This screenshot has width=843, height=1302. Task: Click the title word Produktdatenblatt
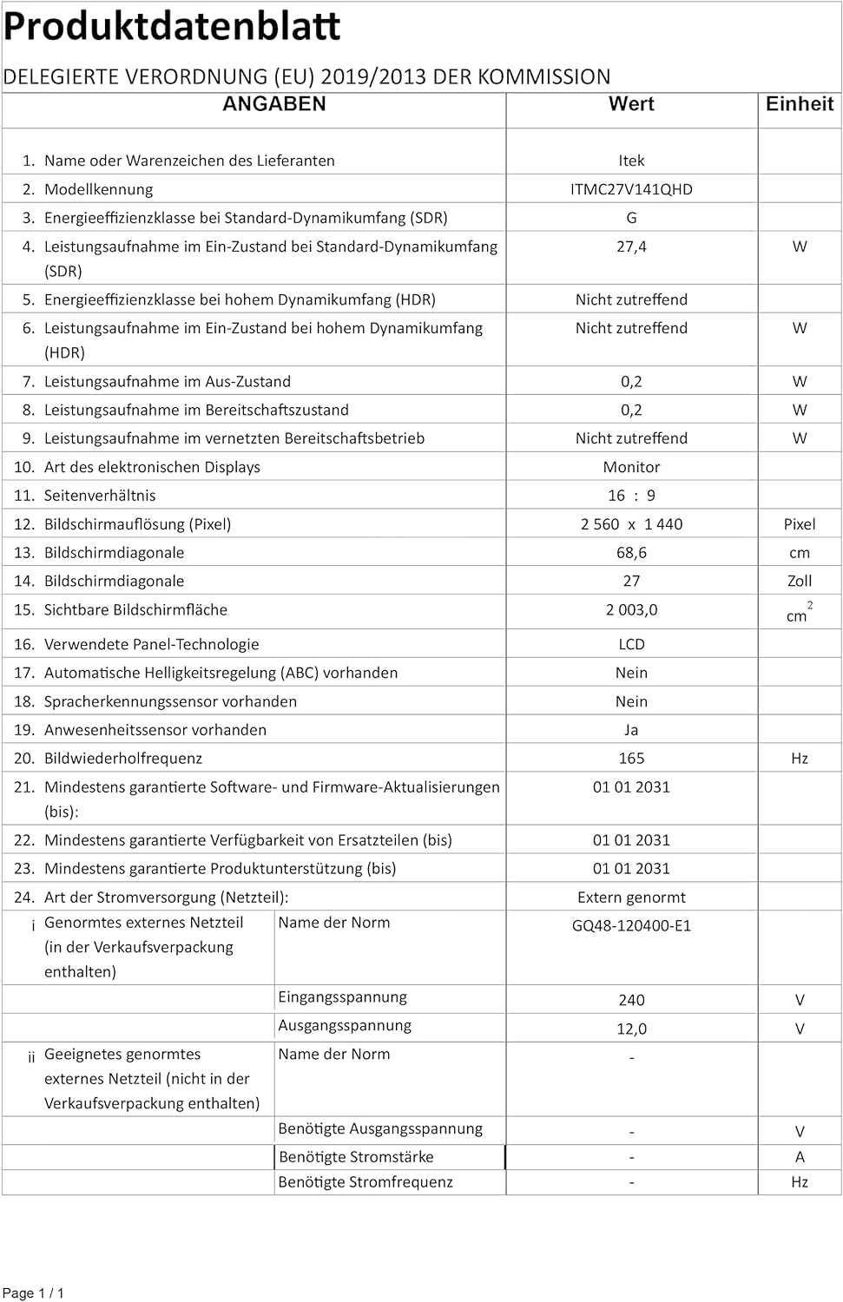pyautogui.click(x=172, y=27)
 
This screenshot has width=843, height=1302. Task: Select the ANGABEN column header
pyautogui.click(x=274, y=104)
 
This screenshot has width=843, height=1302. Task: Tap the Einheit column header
pyautogui.click(x=799, y=104)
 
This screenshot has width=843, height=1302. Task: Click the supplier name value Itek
pyautogui.click(x=631, y=161)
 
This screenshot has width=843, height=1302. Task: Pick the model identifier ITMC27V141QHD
pyautogui.click(x=631, y=189)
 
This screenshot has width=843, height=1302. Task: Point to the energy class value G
pyautogui.click(x=631, y=218)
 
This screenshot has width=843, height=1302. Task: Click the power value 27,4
pyautogui.click(x=631, y=247)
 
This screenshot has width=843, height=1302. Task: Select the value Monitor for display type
pyautogui.click(x=631, y=467)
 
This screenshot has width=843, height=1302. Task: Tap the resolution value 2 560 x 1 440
pyautogui.click(x=631, y=524)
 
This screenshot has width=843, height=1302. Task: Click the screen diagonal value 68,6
pyautogui.click(x=631, y=553)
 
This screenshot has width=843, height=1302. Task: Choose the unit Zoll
pyautogui.click(x=799, y=582)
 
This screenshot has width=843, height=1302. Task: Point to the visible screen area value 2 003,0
pyautogui.click(x=631, y=610)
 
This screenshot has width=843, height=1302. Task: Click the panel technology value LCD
pyautogui.click(x=631, y=644)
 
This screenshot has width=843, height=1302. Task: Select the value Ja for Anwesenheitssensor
pyautogui.click(x=631, y=730)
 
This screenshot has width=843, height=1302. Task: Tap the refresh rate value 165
pyautogui.click(x=631, y=759)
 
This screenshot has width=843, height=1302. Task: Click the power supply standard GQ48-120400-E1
pyautogui.click(x=631, y=925)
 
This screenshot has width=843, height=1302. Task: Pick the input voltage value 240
pyautogui.click(x=631, y=1000)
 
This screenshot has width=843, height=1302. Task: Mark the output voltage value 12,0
pyautogui.click(x=631, y=1029)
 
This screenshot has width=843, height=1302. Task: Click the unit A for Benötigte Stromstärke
pyautogui.click(x=799, y=1157)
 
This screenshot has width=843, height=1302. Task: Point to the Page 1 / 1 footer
pyautogui.click(x=34, y=1293)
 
